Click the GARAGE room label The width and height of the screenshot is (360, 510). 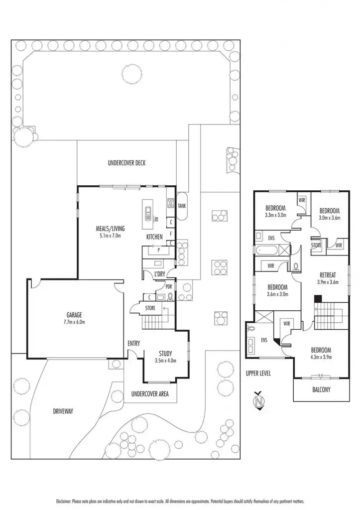pyautogui.click(x=74, y=314)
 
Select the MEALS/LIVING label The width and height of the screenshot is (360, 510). pyautogui.click(x=110, y=229)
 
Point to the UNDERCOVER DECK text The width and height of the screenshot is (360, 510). pyautogui.click(x=126, y=163)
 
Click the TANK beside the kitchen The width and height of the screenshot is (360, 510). pyautogui.click(x=182, y=206)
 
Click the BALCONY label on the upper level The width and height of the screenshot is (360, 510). pyautogui.click(x=321, y=389)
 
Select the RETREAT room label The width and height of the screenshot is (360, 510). pyautogui.click(x=327, y=274)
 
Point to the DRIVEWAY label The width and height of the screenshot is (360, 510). pyautogui.click(x=63, y=411)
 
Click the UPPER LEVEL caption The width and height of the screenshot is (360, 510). pyautogui.click(x=258, y=373)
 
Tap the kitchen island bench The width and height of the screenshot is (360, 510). pyautogui.click(x=148, y=212)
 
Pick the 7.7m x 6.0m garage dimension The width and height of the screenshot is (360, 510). pyautogui.click(x=74, y=322)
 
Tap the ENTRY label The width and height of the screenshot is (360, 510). pyautogui.click(x=133, y=343)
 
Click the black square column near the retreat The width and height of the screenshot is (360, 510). pyautogui.click(x=317, y=298)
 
